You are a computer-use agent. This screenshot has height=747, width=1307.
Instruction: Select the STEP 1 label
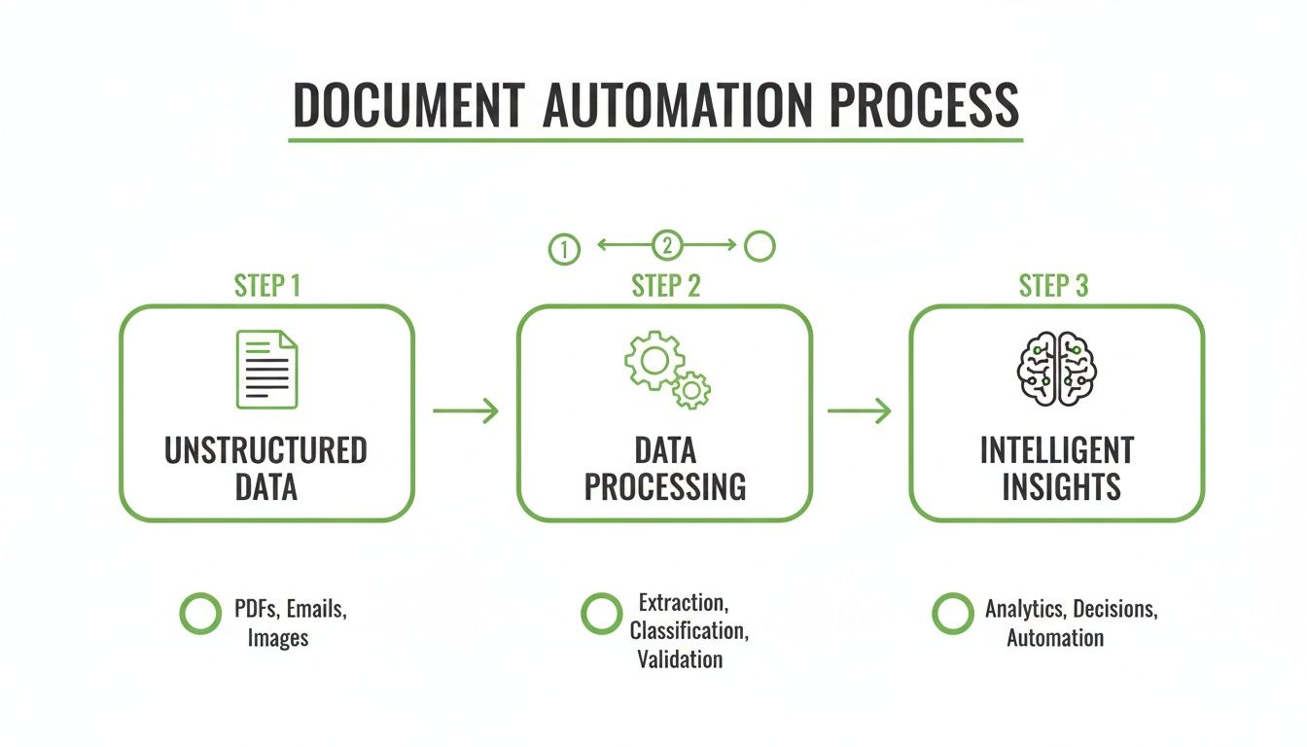coord(267,286)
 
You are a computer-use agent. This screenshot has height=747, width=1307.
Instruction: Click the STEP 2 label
coord(666,286)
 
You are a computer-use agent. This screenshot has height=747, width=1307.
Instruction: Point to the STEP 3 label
coord(1054,286)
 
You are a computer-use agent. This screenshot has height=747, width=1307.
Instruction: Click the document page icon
coord(267,370)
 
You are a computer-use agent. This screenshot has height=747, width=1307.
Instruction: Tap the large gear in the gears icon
coord(654,360)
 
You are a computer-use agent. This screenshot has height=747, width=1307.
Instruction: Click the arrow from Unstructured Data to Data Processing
coord(465,411)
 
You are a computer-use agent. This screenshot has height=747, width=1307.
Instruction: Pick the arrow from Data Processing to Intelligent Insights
coord(859,411)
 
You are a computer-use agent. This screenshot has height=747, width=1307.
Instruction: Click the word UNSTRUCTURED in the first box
coord(266,451)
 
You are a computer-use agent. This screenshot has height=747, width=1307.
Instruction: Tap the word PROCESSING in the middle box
coord(665,486)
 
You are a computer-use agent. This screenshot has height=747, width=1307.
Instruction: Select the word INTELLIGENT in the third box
coord(1057,451)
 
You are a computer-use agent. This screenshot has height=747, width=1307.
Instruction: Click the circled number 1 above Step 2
coord(564,249)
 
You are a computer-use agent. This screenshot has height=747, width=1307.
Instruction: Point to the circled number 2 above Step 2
coord(667,245)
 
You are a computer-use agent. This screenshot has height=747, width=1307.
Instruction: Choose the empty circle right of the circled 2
coord(759,246)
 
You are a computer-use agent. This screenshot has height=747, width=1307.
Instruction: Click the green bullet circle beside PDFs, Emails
coord(200,614)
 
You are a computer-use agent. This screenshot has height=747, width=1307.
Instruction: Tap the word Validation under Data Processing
coord(680,659)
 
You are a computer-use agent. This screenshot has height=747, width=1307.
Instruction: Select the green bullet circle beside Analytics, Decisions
coord(952,614)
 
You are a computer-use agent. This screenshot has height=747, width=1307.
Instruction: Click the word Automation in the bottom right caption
coord(1055,639)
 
